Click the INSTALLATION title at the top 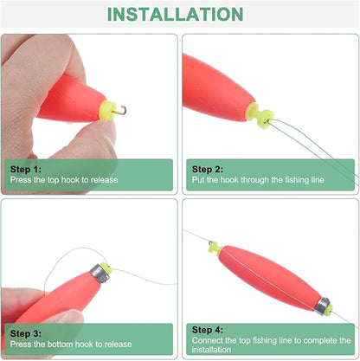pyautogui.click(x=180, y=15)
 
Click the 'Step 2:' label pyautogui.click(x=207, y=170)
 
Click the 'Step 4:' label pyautogui.click(x=207, y=329)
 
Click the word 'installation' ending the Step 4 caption pyautogui.click(x=213, y=350)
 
